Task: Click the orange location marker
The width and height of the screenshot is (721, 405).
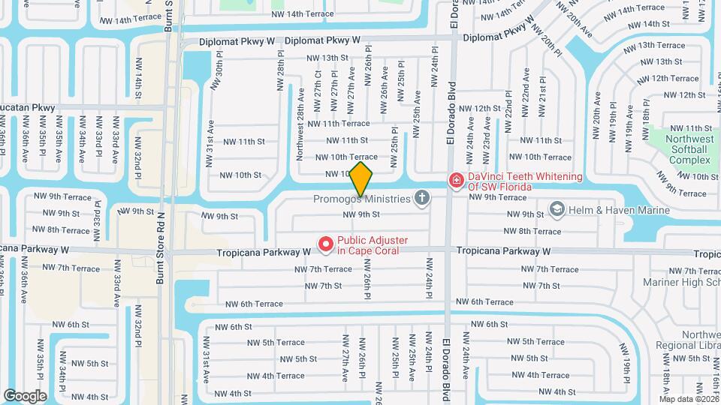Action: point(361,179)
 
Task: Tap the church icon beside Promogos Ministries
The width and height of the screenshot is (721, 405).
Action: point(422,198)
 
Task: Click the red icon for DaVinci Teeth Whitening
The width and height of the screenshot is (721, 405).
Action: point(455,180)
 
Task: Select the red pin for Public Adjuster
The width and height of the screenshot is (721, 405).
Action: point(326,244)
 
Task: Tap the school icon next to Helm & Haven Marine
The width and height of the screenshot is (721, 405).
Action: point(557,208)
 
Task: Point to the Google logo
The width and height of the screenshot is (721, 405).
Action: point(25,395)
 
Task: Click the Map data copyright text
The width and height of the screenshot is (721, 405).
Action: point(688,399)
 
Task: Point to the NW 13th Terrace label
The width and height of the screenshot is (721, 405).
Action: point(660,45)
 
